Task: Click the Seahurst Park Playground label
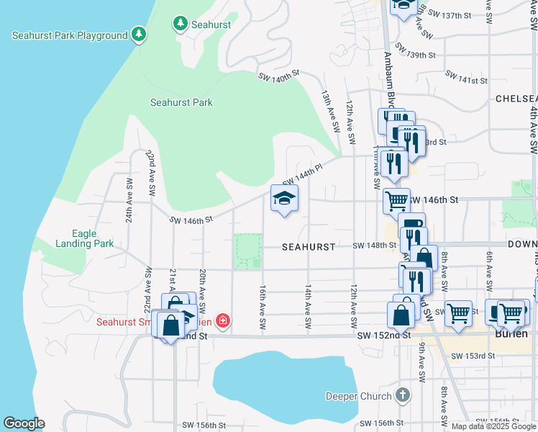(x=69, y=35)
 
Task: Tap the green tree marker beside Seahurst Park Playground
(x=138, y=35)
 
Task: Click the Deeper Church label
(x=358, y=395)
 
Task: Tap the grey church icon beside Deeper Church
(x=403, y=395)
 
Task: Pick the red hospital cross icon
(x=223, y=320)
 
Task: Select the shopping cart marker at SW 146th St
(x=396, y=201)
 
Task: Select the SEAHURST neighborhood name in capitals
(x=308, y=246)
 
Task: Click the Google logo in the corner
(x=24, y=423)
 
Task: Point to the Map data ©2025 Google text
(x=493, y=426)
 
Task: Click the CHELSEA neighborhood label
(x=516, y=98)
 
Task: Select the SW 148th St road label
(x=374, y=246)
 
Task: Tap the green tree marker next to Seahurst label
(x=179, y=24)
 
